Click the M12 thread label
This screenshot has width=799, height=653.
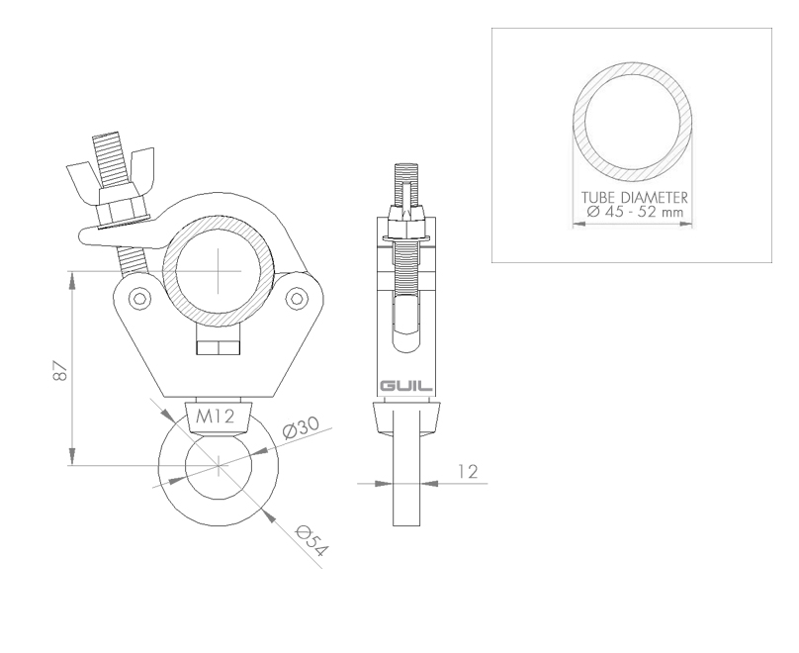tap(216, 417)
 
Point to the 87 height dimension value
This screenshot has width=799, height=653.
tap(60, 371)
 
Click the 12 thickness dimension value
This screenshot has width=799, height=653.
tap(468, 472)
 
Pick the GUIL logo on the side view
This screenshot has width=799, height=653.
tap(406, 386)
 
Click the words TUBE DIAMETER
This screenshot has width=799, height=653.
tap(635, 197)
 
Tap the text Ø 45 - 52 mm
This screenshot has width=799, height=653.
tap(635, 212)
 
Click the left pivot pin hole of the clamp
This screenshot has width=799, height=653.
tap(139, 298)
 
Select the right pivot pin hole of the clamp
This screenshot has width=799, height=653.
tap(296, 298)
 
